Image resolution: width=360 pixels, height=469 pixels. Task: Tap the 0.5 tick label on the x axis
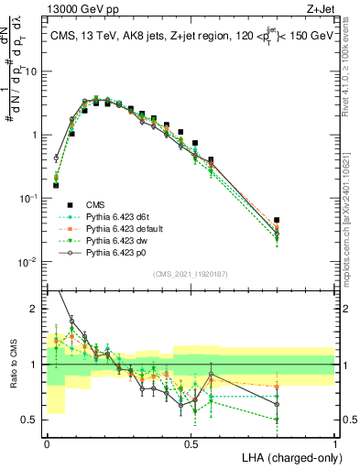(x=191, y=442)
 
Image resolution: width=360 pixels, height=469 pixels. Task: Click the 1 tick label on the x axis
(x=334, y=442)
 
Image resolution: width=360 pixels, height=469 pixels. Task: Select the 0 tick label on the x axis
(x=47, y=442)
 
